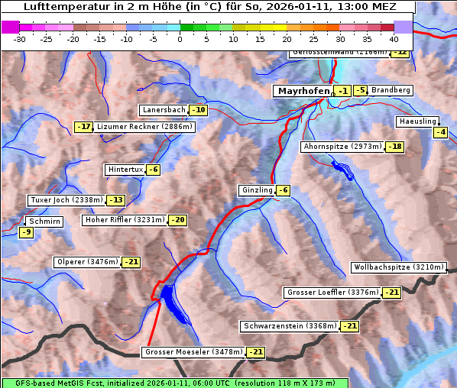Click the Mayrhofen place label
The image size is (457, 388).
pos(303,91)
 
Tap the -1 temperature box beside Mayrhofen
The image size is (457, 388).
pos(343,91)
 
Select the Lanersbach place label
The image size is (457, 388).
pos(164,110)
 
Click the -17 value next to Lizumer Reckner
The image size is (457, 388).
pos(83,127)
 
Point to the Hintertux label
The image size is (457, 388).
pos(125,170)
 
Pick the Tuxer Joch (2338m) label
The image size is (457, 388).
pos(66,200)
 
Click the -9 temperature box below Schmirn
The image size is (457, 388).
pos(26,232)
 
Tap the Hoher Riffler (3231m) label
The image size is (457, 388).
pos(124,220)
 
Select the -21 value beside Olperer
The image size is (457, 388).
pos(131,262)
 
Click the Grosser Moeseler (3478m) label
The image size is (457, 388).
pos(193,352)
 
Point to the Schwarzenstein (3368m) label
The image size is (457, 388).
pos(289,326)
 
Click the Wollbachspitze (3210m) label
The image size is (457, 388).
pos(397,267)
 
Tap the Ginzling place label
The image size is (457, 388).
pos(256,190)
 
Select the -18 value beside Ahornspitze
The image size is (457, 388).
pos(394,147)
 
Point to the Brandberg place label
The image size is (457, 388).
pos(391,90)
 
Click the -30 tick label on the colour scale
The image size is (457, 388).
pos(21,39)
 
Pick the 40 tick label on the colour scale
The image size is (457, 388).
pos(394,39)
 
